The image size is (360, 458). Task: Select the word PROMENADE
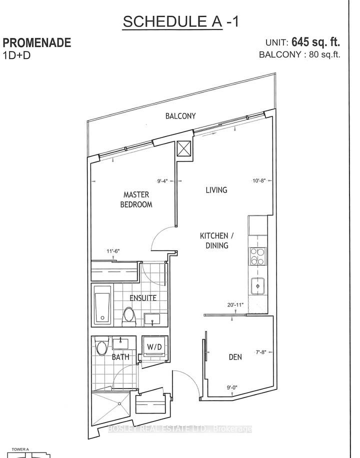37,43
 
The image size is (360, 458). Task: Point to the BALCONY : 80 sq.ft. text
299,55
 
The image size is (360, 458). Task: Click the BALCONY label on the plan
180,116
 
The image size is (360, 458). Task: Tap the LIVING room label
216,190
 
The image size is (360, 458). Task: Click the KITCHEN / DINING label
214,240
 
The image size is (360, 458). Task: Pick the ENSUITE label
143,297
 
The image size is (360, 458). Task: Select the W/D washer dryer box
153,346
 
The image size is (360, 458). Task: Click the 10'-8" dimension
259,182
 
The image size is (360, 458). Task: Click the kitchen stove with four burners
257,256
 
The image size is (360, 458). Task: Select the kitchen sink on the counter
258,285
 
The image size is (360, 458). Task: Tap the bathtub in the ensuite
102,304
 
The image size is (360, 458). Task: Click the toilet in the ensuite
128,315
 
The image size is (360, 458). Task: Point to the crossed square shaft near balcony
183,148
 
